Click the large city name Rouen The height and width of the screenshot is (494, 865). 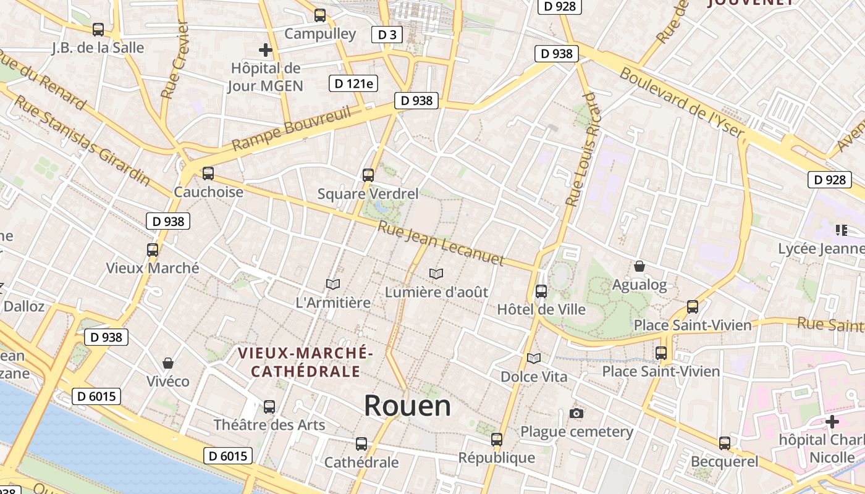tap(407, 406)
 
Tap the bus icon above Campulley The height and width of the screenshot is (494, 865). tap(320, 15)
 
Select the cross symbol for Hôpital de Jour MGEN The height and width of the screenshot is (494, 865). tap(266, 49)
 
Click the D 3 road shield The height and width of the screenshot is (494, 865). tap(387, 35)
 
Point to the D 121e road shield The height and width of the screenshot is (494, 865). tap(353, 83)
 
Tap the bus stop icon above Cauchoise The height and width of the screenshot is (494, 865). tap(208, 174)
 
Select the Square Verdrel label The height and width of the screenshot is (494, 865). tap(368, 194)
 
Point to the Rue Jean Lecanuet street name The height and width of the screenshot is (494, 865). tap(441, 243)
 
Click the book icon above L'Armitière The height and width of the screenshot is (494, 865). tap(333, 284)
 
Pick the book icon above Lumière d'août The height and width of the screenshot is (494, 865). tap(436, 273)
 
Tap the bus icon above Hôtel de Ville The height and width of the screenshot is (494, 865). tap(541, 291)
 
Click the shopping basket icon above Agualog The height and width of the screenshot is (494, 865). tap(639, 266)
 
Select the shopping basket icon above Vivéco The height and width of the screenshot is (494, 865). tap(167, 362)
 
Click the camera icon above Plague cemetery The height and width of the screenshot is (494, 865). tap(576, 413)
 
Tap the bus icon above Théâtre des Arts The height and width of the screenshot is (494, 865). tap(269, 406)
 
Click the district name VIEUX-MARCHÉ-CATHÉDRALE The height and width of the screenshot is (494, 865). tap(306, 362)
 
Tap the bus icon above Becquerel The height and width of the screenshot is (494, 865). tap(725, 443)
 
